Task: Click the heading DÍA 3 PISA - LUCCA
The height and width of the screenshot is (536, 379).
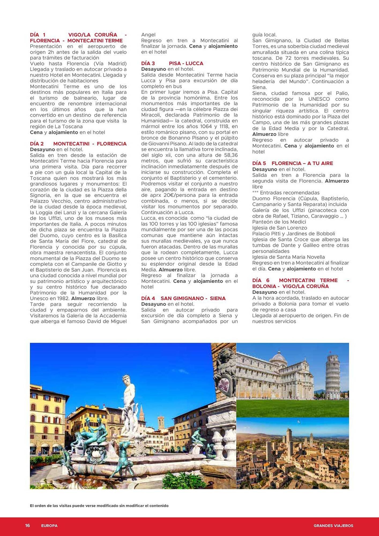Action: [x=172, y=64]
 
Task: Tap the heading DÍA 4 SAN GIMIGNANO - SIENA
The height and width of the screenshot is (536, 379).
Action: [x=183, y=298]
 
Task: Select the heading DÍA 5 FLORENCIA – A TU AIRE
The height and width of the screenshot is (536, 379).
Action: [x=292, y=163]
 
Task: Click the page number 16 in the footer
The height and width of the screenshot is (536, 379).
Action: [x=27, y=526]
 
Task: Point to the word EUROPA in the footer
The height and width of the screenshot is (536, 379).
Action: [x=49, y=526]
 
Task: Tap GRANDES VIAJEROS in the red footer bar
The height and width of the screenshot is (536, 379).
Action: [x=333, y=526]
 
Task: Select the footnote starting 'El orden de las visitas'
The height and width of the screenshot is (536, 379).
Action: [x=99, y=506]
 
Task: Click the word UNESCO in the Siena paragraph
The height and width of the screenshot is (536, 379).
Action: [x=319, y=99]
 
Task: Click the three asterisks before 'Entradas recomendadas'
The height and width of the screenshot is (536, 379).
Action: [x=255, y=192]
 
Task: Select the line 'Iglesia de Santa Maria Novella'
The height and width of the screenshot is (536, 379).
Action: [x=288, y=257]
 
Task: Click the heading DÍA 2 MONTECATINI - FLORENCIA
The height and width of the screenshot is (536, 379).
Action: [x=78, y=144]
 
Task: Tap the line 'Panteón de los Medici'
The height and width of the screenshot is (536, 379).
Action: [x=279, y=222]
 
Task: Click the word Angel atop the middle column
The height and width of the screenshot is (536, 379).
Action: [x=148, y=35]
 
